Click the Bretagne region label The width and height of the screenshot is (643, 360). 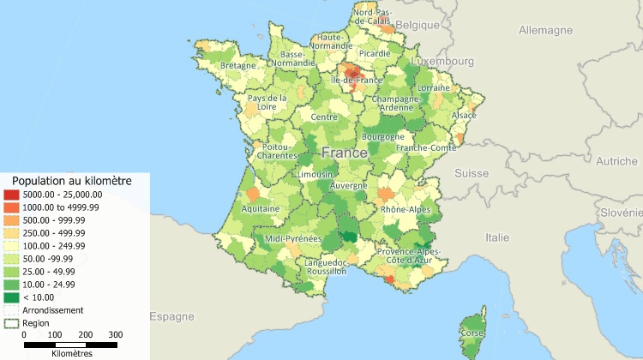coord(238,65)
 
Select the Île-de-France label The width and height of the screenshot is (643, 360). coord(356,80)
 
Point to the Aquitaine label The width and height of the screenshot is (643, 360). coord(261,208)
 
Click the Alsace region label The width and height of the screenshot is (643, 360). coord(464,115)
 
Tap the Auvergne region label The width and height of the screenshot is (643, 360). coord(349,185)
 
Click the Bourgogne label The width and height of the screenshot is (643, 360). coord(383,136)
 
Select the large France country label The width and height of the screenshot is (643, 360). coord(345,153)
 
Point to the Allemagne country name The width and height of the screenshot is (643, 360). coord(545,30)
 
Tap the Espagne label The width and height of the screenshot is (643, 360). coord(172,316)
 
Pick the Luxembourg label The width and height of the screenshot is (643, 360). coord(442,62)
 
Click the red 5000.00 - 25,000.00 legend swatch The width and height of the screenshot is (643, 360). coord(11,195)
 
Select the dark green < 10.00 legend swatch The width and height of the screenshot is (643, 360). coord(11,297)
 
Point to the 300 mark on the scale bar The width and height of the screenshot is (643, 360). coord(116,335)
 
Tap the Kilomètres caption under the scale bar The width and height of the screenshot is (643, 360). coord(72,352)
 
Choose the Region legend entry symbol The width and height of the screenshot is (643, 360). coord(11,322)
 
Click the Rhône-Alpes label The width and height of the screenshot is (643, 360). coord(406,209)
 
